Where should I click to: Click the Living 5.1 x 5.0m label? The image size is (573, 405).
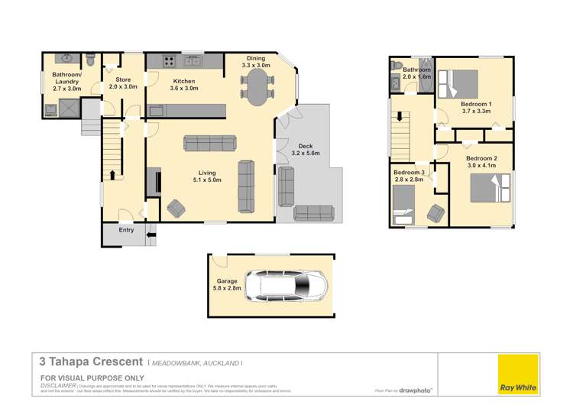point(204,177)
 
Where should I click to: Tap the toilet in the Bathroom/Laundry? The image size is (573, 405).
point(89,59)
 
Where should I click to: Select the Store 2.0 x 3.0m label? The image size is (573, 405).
point(122,83)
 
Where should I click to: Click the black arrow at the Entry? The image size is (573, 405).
point(150,235)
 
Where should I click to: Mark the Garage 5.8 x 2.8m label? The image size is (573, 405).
point(228,285)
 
